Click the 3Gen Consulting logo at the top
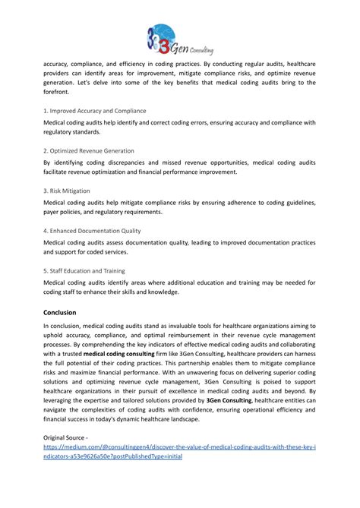click(x=179, y=38)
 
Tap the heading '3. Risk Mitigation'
click(x=67, y=191)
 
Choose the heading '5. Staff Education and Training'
click(x=84, y=270)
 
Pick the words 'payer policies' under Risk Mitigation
click(x=67, y=212)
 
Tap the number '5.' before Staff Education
click(x=46, y=270)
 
